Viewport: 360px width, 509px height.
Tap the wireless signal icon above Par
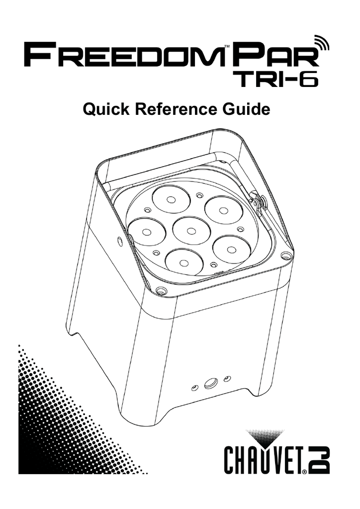(x=320, y=42)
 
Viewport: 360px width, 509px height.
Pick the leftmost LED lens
(x=147, y=232)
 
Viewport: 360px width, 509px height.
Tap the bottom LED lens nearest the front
(x=183, y=263)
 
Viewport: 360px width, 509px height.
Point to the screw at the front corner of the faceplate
(x=160, y=290)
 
